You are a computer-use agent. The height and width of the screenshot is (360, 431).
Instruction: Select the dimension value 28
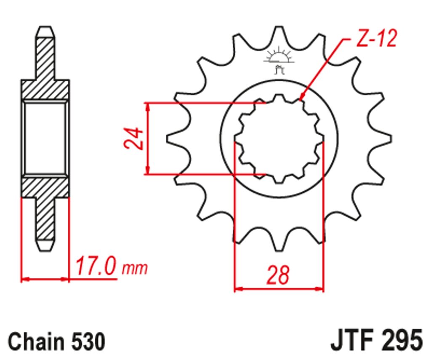click(278, 275)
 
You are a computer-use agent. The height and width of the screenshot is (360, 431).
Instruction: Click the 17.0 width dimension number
click(95, 266)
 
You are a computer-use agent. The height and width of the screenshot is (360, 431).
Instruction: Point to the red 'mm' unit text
click(135, 269)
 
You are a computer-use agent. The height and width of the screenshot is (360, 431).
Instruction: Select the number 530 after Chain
click(88, 341)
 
